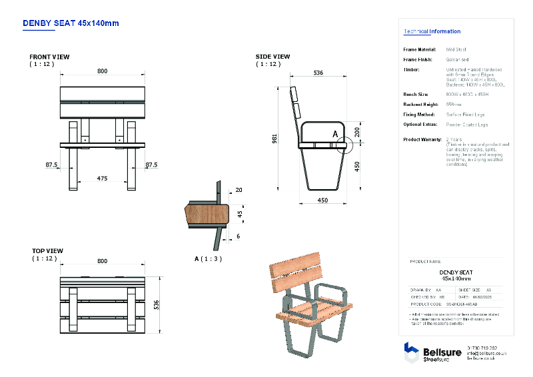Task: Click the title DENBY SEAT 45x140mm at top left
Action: [71, 23]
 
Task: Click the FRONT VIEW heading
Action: [49, 57]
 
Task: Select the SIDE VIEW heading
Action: [272, 57]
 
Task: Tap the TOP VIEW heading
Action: [48, 251]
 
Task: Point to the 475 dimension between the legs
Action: [102, 178]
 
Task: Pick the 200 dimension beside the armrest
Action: [357, 133]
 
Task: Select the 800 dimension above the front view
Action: [102, 71]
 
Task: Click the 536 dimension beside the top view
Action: [157, 304]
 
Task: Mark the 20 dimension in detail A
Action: [239, 190]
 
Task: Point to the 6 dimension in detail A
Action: [239, 236]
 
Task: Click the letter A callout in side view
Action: [335, 134]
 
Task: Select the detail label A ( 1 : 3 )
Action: [208, 258]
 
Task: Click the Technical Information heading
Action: [432, 31]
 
